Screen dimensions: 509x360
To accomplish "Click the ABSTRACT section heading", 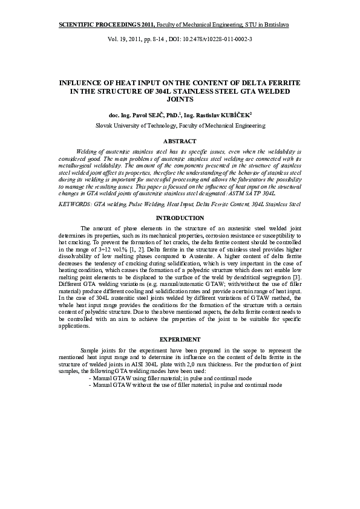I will pos(180,141).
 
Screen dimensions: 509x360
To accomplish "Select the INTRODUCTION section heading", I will pos(180,218).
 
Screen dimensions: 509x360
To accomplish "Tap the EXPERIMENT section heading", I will pos(180,339).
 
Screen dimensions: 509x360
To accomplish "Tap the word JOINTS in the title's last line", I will pos(180,99).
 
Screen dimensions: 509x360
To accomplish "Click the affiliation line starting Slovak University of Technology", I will pos(180,126).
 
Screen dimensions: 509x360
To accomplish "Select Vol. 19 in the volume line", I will pos(116,38).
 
